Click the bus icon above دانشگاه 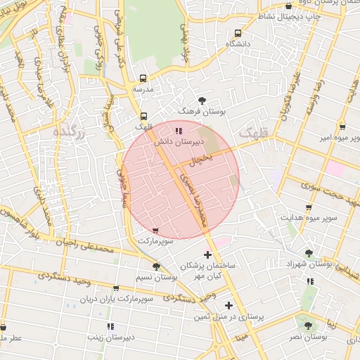[x=239, y=33]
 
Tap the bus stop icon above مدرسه [x=143, y=79]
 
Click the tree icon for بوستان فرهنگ [x=202, y=101]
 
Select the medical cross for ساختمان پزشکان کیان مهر [x=207, y=254]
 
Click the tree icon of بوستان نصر [x=307, y=326]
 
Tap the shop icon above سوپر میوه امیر [x=342, y=127]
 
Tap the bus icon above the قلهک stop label [x=143, y=116]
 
